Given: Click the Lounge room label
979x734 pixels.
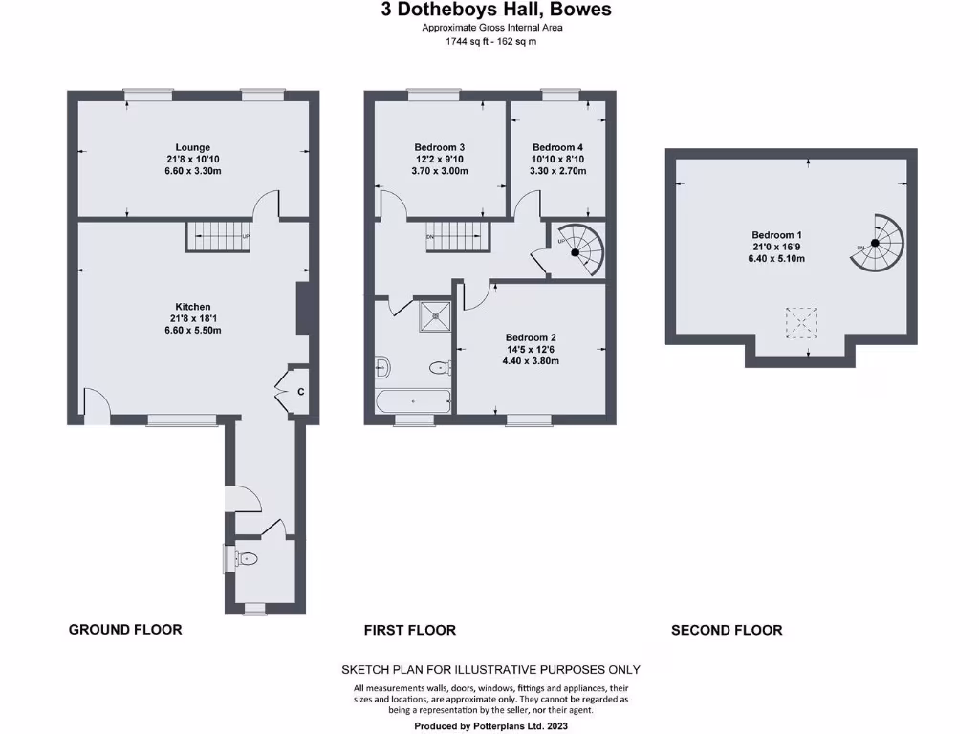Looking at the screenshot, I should [x=192, y=147].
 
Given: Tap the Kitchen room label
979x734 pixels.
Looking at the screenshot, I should [x=192, y=307].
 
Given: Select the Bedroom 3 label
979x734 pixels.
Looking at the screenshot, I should [x=440, y=147].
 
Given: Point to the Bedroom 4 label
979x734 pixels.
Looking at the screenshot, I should [x=558, y=147].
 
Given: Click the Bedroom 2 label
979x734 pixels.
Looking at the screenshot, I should [x=531, y=337].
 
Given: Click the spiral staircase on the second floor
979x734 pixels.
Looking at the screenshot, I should [x=876, y=242].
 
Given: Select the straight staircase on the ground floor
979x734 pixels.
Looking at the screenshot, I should [x=217, y=235].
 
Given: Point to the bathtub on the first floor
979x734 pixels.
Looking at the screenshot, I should [x=412, y=402].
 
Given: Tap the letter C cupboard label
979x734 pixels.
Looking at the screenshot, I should [x=300, y=391].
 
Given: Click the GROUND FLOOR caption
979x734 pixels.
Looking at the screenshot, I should [x=125, y=629].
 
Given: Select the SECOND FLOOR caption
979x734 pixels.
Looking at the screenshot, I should [x=727, y=630].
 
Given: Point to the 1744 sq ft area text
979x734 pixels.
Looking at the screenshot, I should [x=491, y=42].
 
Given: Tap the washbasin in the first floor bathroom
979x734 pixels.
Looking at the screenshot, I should [x=383, y=365].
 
